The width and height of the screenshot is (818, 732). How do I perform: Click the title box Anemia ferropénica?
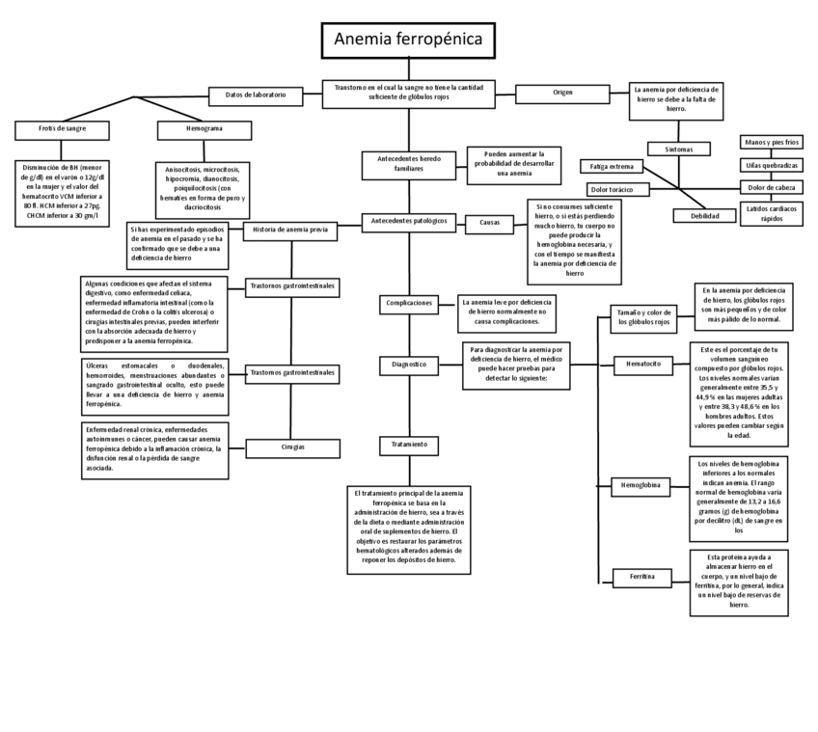[x=408, y=40]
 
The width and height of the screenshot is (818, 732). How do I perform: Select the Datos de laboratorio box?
[x=256, y=95]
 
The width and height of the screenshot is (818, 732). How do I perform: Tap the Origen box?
[x=562, y=93]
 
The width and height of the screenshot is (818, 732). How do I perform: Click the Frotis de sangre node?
[x=63, y=128]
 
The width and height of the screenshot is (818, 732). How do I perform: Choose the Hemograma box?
[x=204, y=128]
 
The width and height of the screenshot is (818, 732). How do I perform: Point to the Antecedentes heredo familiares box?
[x=409, y=162]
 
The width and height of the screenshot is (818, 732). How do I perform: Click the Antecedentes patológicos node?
[x=409, y=221]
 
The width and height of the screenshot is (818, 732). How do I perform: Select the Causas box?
[x=489, y=223]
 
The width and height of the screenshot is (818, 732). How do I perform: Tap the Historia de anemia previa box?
[x=290, y=230]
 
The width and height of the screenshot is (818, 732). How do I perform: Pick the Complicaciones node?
[x=409, y=303]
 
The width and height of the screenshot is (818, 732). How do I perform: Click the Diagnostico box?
[x=409, y=366]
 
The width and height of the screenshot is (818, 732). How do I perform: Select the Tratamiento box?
[x=409, y=445]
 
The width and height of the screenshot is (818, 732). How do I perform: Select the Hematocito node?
[x=643, y=365]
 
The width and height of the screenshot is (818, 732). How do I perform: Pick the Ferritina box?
[x=642, y=577]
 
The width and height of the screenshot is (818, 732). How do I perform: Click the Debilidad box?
[x=704, y=216]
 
